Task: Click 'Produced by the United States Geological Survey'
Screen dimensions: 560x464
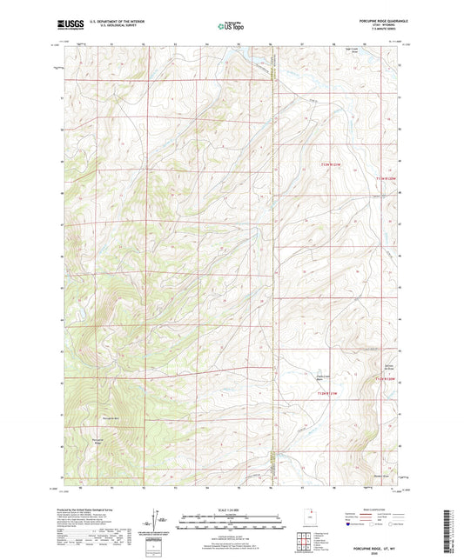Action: coord(101,491)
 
